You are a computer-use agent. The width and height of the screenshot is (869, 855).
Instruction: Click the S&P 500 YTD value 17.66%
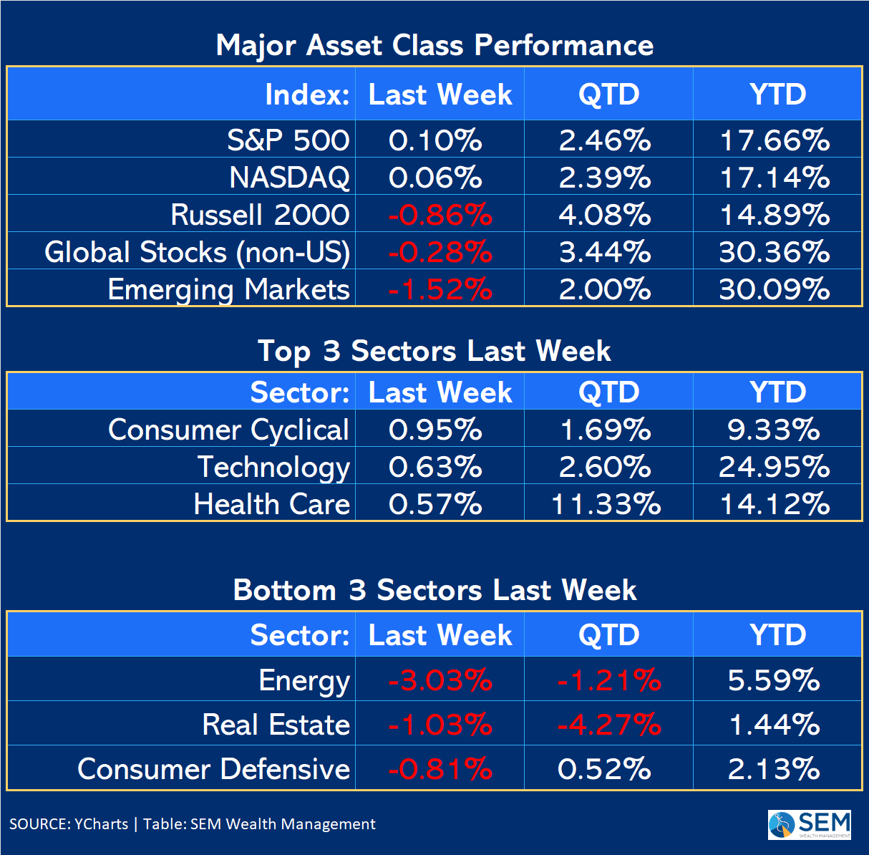point(775,140)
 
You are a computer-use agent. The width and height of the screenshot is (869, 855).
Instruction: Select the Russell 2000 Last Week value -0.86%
point(440,215)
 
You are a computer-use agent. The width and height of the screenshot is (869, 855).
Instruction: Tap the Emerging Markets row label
point(228,289)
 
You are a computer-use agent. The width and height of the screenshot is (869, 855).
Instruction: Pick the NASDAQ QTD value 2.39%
point(605,178)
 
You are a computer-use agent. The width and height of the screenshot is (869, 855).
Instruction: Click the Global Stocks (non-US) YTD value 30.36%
point(775,252)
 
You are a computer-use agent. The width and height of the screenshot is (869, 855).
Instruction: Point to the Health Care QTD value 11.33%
point(606,504)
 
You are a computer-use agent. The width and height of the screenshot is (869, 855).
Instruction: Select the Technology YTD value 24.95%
point(775,467)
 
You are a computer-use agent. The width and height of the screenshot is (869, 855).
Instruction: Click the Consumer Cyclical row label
point(228,430)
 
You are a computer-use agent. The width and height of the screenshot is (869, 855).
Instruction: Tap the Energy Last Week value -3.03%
point(440,680)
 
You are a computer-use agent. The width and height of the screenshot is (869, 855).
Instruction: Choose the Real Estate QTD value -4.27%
point(609,725)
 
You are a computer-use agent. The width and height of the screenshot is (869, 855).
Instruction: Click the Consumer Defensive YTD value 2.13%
point(774,769)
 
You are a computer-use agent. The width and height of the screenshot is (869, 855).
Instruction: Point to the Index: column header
point(308,95)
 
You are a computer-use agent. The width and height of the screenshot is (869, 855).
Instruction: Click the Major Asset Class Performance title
point(434,45)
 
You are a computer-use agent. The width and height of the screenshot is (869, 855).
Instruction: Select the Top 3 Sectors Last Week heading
point(434,351)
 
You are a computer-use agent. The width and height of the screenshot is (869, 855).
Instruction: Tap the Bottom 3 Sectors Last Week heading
point(434,590)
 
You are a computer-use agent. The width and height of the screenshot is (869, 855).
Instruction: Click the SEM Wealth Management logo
point(810,824)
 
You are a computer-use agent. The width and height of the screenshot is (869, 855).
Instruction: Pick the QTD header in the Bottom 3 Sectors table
point(608,635)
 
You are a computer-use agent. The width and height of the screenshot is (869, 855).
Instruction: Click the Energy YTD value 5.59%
point(774,680)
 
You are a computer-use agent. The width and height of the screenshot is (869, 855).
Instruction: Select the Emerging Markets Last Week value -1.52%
point(440,289)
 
